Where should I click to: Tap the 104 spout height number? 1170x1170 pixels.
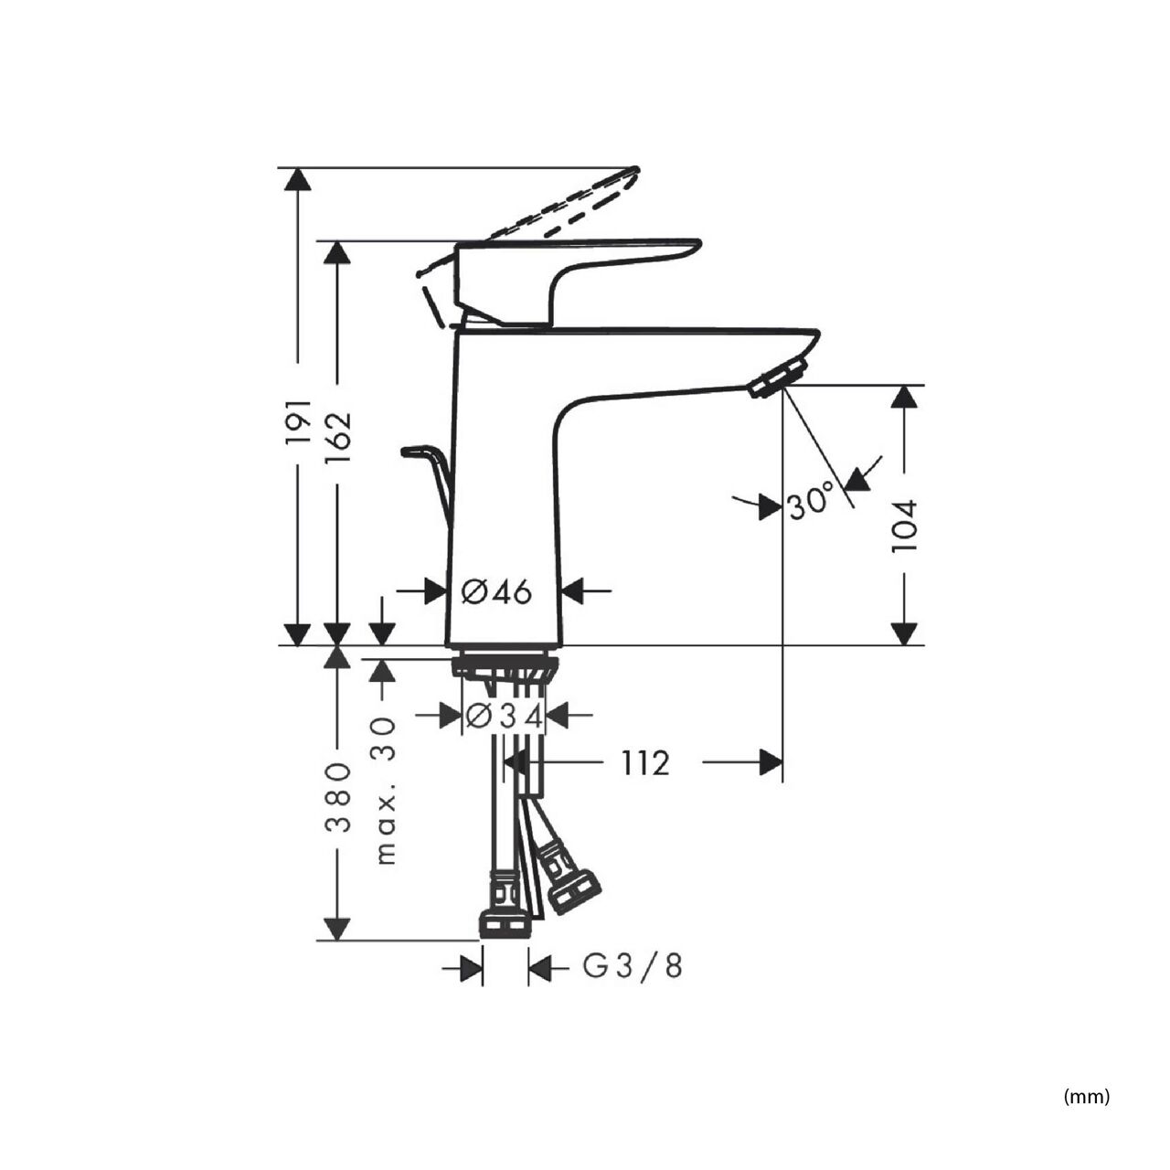pos(904,526)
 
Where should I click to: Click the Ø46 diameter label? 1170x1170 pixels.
pos(496,591)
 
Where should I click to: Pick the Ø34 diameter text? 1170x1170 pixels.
pos(504,717)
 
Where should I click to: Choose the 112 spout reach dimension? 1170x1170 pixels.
pos(644,763)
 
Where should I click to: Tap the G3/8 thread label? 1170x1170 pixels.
pos(632,966)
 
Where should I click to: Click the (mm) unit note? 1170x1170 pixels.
pos(1087,1080)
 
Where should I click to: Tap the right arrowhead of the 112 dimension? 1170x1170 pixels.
pos(771,762)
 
